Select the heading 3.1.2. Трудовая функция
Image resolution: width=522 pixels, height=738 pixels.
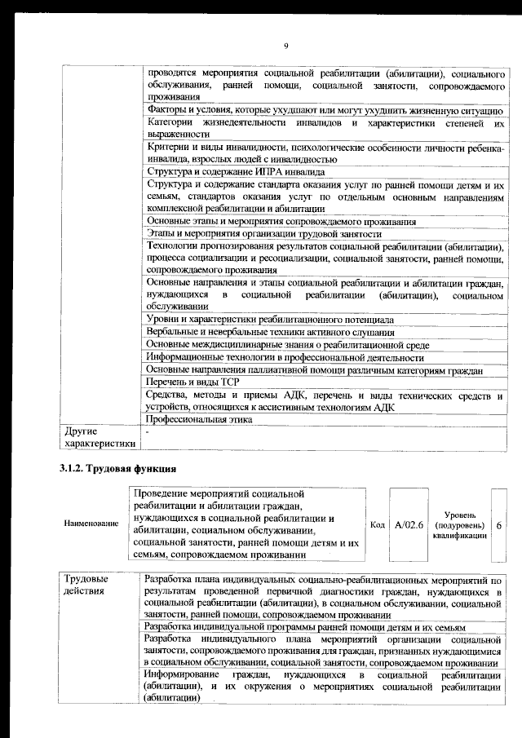(x=117, y=469)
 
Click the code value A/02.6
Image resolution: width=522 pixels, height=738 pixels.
(x=408, y=524)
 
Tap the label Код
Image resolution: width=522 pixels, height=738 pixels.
(x=377, y=524)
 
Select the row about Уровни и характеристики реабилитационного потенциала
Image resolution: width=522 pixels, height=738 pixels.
(x=269, y=319)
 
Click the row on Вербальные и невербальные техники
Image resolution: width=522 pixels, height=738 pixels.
(x=270, y=332)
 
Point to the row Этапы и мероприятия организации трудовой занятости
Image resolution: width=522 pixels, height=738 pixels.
(x=264, y=234)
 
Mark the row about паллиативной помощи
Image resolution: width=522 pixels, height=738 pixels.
(x=315, y=369)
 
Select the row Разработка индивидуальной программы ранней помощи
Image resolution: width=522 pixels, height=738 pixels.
(x=304, y=626)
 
